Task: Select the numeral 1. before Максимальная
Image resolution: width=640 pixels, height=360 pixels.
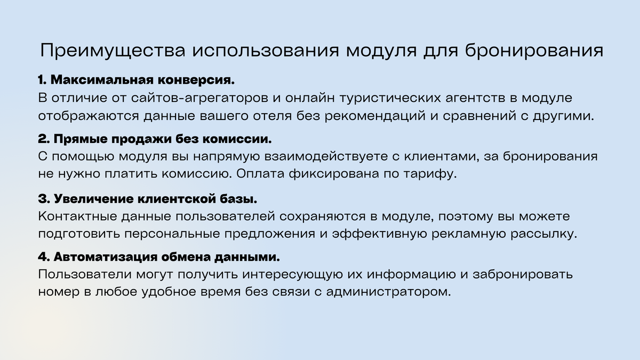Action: pos(43,81)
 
